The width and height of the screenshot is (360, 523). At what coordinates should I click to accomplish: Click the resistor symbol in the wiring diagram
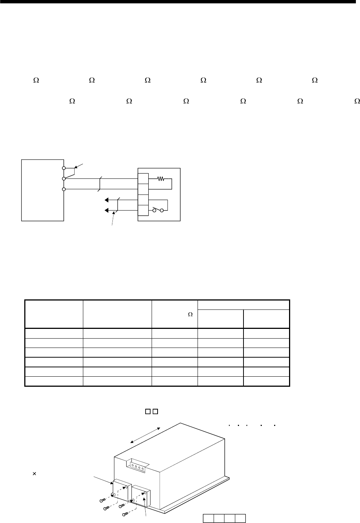point(161,179)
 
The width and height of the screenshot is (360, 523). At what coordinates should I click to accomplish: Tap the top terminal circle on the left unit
point(64,169)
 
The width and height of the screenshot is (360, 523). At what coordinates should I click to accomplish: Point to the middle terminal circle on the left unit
point(64,179)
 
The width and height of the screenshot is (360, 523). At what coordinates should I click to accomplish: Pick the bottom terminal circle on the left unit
point(64,189)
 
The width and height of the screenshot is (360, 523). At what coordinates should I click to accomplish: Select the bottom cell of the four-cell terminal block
point(143,211)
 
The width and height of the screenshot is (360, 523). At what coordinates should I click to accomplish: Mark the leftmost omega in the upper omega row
point(36,80)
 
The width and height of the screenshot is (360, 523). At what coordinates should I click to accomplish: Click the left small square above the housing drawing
point(148,412)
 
